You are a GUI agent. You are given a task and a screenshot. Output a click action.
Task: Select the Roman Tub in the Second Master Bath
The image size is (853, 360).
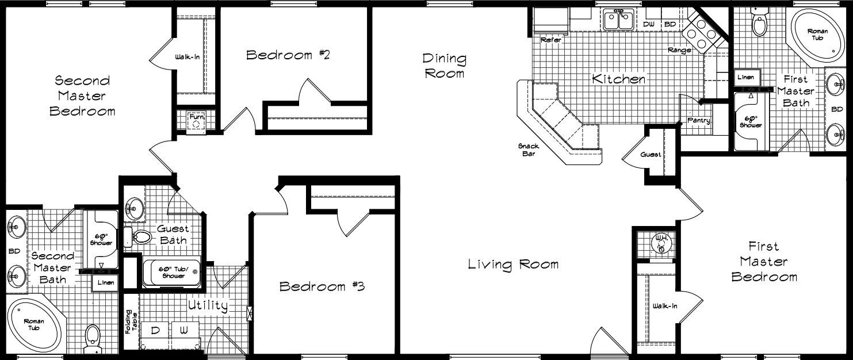point(34,326)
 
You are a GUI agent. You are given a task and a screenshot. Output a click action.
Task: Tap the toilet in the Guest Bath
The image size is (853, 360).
point(140,236)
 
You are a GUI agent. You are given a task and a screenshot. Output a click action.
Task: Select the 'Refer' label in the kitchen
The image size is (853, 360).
point(550,40)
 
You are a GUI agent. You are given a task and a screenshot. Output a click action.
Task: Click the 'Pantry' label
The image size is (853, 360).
point(699,121)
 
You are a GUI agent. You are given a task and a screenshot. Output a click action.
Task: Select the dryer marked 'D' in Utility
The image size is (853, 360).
point(155,331)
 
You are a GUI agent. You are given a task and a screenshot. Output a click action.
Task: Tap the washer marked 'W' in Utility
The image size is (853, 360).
point(183,331)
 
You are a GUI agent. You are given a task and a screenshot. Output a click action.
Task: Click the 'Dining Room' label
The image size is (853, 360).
point(444,66)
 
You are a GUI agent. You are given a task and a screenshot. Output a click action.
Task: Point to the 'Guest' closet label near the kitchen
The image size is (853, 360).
point(651,155)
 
